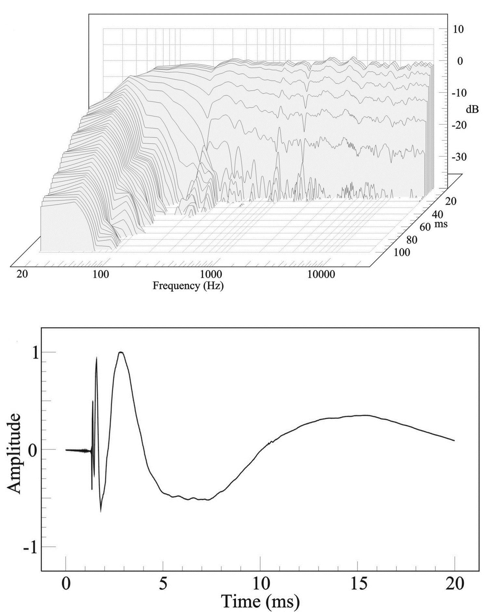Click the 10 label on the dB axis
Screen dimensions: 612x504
coord(459,29)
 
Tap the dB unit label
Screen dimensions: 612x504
coord(472,109)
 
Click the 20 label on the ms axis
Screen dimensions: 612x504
coord(450,201)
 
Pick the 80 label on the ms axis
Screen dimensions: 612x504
coord(412,240)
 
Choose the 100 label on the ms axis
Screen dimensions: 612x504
coord(402,252)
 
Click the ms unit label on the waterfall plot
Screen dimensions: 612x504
coord(441,224)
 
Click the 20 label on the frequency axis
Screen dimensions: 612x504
coord(22,275)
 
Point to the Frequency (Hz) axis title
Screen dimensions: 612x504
coord(188,286)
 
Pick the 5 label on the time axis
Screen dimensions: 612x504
coord(163,584)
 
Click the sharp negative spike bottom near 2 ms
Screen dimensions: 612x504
coord(101,511)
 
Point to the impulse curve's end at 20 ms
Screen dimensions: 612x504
coord(454,441)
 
